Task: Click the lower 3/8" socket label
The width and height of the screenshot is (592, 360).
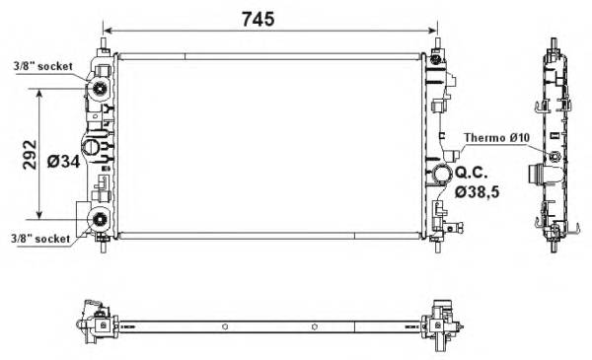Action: [x=41, y=238]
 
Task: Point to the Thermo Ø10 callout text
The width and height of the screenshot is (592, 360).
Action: [x=496, y=137]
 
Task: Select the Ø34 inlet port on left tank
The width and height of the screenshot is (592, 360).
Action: [x=91, y=148]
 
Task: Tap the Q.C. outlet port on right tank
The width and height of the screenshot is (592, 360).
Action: [x=438, y=178]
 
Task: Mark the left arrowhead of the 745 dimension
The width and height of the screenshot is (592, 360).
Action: [x=108, y=31]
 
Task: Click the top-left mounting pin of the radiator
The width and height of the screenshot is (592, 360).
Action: [x=104, y=40]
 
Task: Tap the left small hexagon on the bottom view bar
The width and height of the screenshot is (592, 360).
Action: [x=226, y=327]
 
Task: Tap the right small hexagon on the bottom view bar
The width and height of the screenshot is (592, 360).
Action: [x=314, y=327]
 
